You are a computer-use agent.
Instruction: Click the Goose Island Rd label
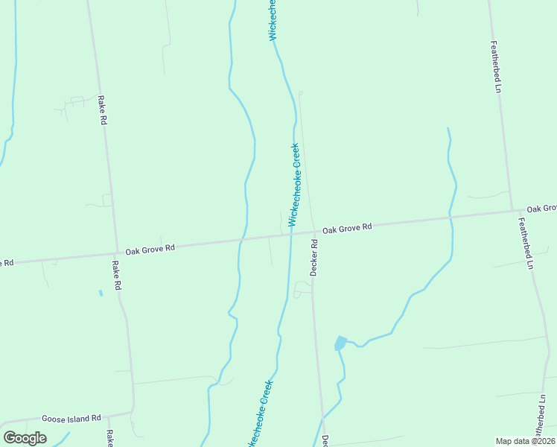(x=71, y=419)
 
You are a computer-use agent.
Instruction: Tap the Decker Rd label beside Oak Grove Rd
(x=314, y=257)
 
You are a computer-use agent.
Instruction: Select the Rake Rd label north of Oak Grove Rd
(x=102, y=110)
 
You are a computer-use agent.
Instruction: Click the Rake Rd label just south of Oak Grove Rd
(x=116, y=274)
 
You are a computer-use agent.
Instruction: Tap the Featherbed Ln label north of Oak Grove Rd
(x=495, y=66)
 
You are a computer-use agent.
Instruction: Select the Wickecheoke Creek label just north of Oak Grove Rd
(x=293, y=184)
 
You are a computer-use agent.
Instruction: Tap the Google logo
(x=25, y=438)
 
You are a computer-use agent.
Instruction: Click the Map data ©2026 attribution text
(x=525, y=441)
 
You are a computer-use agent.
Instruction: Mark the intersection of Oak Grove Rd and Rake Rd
(x=117, y=252)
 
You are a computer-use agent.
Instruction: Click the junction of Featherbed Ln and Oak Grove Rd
(x=512, y=211)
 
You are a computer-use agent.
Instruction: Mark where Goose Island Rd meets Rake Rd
(x=133, y=410)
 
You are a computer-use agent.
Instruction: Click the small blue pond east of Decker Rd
(x=340, y=343)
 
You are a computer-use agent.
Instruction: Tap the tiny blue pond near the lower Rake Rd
(x=101, y=293)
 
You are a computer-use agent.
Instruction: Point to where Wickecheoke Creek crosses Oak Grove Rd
(x=290, y=232)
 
